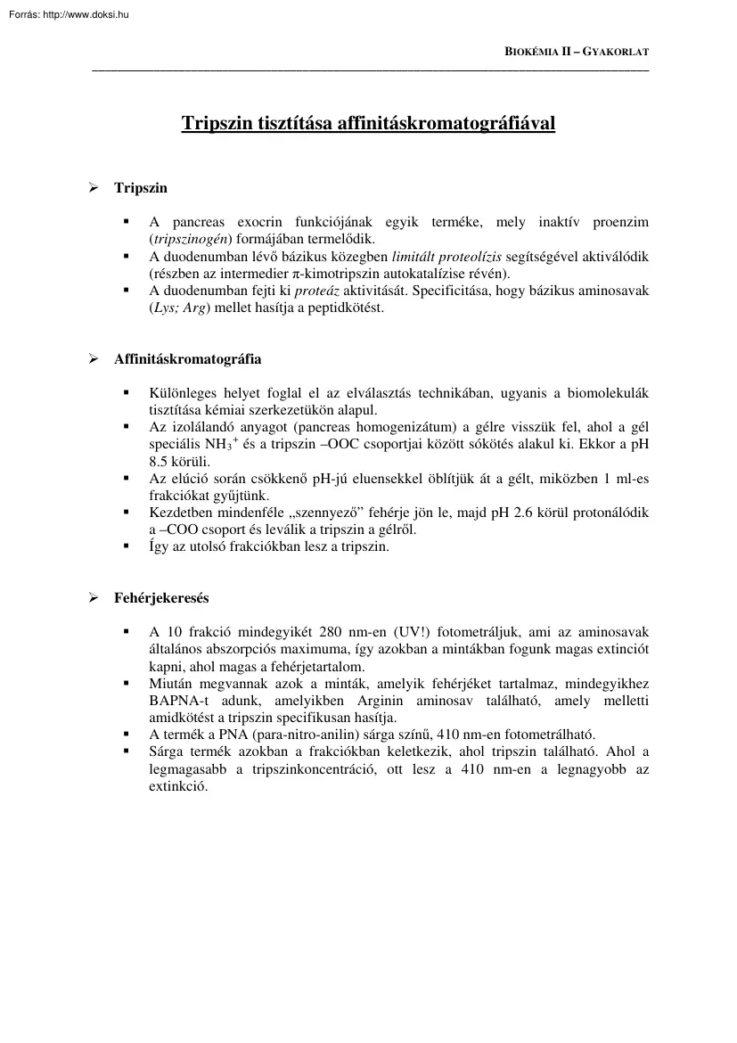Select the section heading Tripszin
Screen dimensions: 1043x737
click(x=141, y=188)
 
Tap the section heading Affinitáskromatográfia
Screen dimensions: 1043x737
click(x=187, y=359)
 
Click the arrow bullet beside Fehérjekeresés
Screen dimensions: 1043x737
click(x=92, y=598)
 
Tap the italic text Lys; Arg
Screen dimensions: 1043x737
click(x=183, y=308)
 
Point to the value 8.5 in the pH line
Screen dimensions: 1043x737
click(x=159, y=461)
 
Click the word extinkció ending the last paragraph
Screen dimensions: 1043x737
click(x=177, y=786)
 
